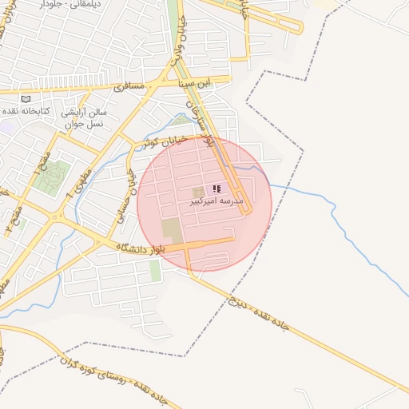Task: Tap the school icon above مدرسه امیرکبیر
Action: coord(216,189)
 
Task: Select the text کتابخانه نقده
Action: coord(26,109)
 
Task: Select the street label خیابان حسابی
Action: coord(129,192)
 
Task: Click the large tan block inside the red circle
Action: coord(171,230)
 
